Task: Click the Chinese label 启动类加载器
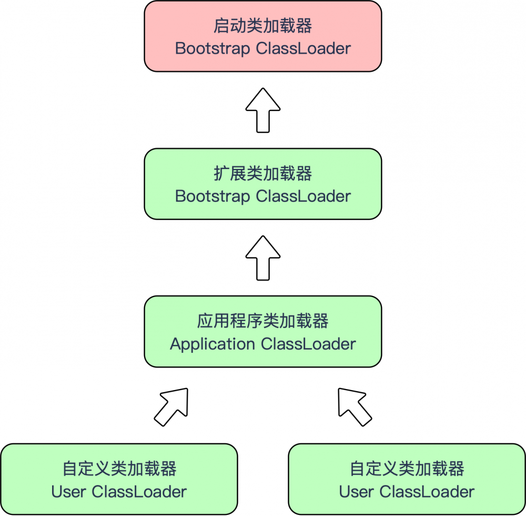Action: click(x=262, y=26)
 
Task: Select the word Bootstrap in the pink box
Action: click(x=213, y=49)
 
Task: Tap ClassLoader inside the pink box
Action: click(x=303, y=49)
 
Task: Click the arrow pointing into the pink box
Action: click(x=263, y=110)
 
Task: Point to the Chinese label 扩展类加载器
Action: click(x=262, y=173)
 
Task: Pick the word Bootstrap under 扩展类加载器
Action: click(x=213, y=196)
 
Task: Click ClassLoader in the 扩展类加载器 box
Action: click(x=303, y=196)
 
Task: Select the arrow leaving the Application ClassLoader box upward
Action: click(x=263, y=257)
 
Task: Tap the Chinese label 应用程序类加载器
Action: click(x=262, y=321)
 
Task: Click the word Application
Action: click(x=213, y=344)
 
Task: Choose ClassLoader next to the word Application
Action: click(x=308, y=344)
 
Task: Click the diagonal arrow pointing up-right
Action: click(x=172, y=406)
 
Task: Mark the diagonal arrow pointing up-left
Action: click(x=354, y=406)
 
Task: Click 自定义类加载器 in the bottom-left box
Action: click(x=119, y=469)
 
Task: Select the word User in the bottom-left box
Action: click(x=69, y=492)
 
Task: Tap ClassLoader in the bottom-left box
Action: click(x=139, y=492)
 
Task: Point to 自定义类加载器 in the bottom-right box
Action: click(x=407, y=469)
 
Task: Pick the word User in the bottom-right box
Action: click(x=357, y=492)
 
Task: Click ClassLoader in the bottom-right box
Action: click(x=427, y=492)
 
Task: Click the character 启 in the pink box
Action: click(x=221, y=26)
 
